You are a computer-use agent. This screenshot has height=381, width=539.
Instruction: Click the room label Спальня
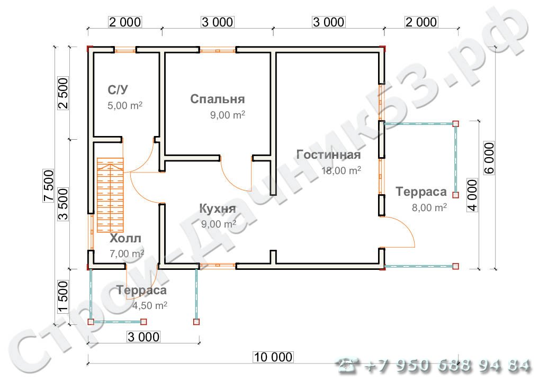(x=217, y=99)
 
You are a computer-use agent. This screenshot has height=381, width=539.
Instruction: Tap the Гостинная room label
(x=329, y=155)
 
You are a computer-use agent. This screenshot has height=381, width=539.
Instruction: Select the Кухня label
(x=218, y=208)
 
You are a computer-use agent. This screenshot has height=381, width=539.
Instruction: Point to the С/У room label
(x=118, y=89)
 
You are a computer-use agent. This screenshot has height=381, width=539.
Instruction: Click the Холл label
(x=125, y=238)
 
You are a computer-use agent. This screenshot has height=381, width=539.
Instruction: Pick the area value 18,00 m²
(x=341, y=170)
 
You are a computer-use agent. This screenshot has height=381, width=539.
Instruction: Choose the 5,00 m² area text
(x=125, y=105)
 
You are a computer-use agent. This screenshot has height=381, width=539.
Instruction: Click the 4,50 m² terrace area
(x=150, y=305)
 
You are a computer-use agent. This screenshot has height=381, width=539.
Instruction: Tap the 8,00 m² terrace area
(x=429, y=207)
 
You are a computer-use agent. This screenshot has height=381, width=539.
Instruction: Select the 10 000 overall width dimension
(x=273, y=357)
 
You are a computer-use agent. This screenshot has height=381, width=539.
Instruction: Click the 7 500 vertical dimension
(x=49, y=186)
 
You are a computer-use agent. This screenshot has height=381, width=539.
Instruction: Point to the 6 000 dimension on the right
(x=489, y=158)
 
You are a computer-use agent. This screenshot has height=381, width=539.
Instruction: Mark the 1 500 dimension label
(x=63, y=296)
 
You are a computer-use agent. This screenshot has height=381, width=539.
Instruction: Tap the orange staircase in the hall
(x=110, y=195)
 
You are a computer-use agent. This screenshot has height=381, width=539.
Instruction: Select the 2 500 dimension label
(x=63, y=93)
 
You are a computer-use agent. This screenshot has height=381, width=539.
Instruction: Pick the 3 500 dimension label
(x=63, y=204)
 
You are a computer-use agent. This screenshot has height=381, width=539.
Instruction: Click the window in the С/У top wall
(x=125, y=50)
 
